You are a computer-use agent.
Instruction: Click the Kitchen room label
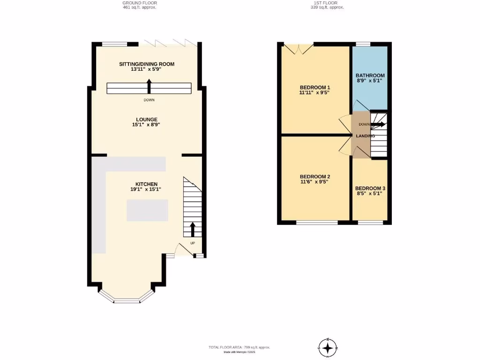click(146, 184)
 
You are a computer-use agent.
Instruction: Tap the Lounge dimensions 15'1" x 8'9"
click(146, 125)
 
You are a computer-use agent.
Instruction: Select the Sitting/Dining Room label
click(146, 64)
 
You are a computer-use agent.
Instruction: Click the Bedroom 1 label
click(315, 87)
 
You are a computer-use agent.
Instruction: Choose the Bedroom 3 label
click(370, 188)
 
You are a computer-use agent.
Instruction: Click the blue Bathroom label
click(370, 75)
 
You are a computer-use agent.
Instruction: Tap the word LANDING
click(365, 136)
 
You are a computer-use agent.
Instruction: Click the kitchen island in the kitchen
click(147, 210)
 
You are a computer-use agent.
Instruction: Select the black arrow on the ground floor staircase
click(193, 230)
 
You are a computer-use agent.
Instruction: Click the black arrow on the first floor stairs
click(378, 124)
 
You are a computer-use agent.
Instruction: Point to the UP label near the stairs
click(193, 243)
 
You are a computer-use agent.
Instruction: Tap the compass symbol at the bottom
click(328, 348)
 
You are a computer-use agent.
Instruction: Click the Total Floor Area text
click(239, 347)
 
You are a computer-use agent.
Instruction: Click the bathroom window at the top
click(363, 44)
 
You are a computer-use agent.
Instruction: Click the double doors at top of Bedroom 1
click(299, 48)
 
